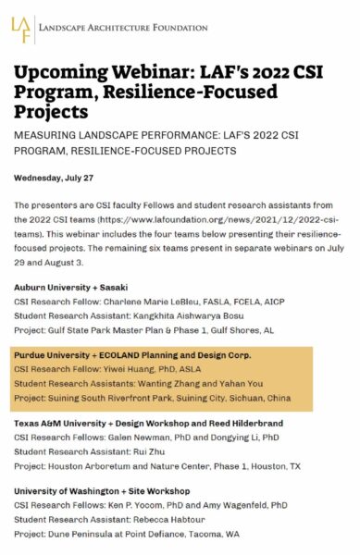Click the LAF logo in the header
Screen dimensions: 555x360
coord(23,31)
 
